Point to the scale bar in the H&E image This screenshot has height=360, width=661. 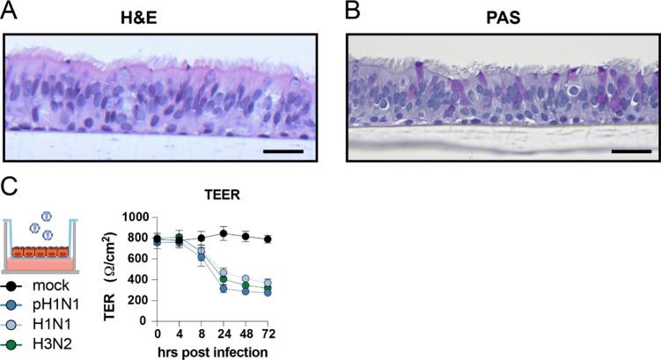(x=283, y=151)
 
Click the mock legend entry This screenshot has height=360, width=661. (x=41, y=288)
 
